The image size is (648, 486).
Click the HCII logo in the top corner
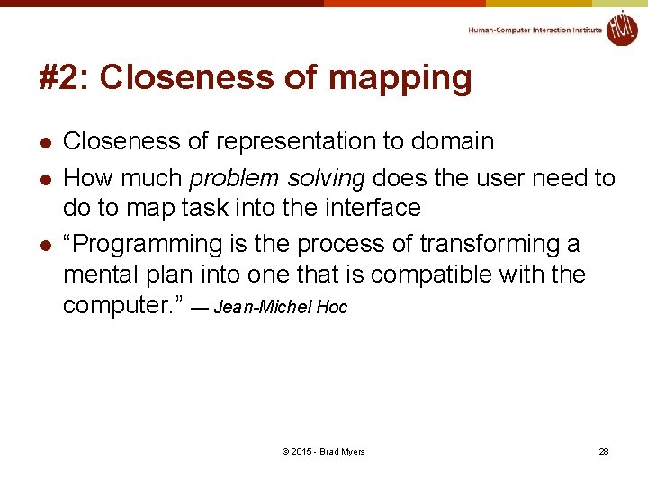621,28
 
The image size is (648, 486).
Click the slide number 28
604,451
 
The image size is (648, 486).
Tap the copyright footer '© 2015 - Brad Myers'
323,451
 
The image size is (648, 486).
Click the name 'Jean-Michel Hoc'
280,308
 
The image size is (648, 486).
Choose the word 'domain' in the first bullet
453,141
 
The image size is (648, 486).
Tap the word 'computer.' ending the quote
122,305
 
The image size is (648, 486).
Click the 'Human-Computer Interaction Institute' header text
535,31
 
